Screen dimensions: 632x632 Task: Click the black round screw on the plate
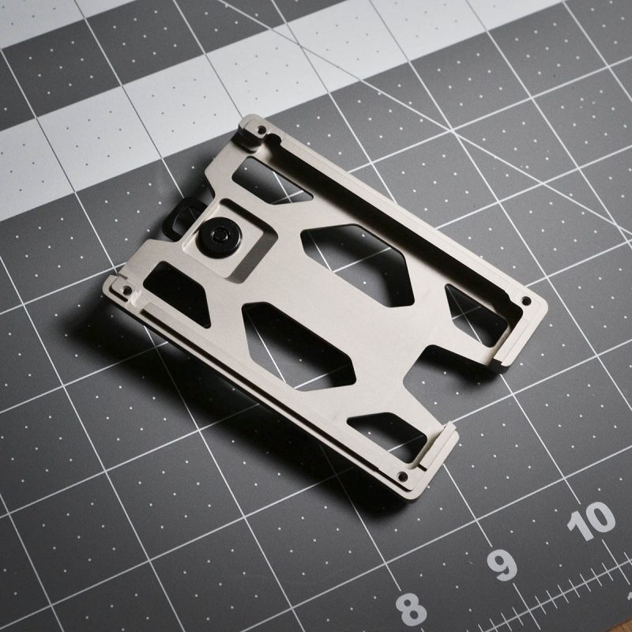click(220, 237)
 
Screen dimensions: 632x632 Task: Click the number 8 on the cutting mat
click(411, 609)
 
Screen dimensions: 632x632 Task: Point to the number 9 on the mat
click(502, 565)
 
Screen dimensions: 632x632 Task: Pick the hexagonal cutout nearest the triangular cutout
click(357, 265)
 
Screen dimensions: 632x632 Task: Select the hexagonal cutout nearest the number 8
click(299, 346)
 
